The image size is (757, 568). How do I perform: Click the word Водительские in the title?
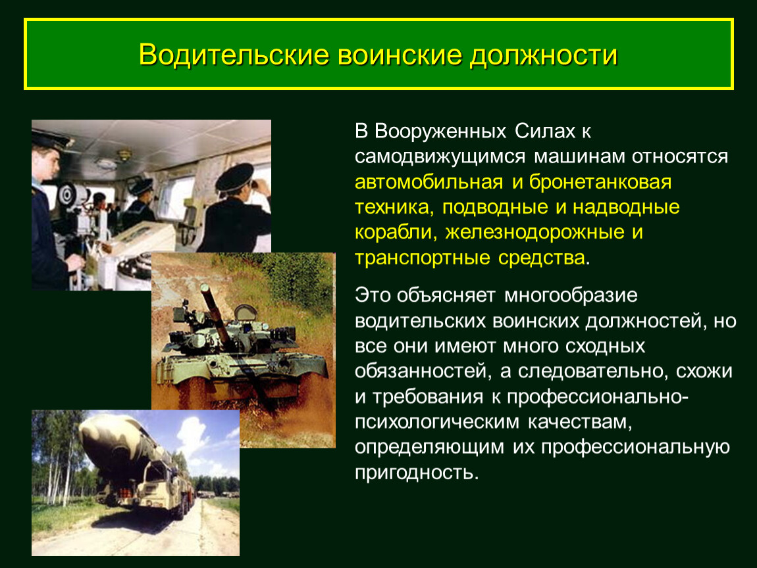[234, 55]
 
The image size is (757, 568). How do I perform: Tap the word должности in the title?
[544, 56]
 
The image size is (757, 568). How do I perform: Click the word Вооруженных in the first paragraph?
[440, 131]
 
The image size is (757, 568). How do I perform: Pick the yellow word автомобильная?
[429, 182]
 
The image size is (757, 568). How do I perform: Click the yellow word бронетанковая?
[600, 182]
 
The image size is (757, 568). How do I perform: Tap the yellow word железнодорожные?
[535, 233]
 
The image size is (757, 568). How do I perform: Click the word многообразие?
[571, 296]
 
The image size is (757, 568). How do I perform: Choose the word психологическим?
[437, 422]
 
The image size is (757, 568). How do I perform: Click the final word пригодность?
[417, 473]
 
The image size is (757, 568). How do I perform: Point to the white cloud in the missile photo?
[193, 434]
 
